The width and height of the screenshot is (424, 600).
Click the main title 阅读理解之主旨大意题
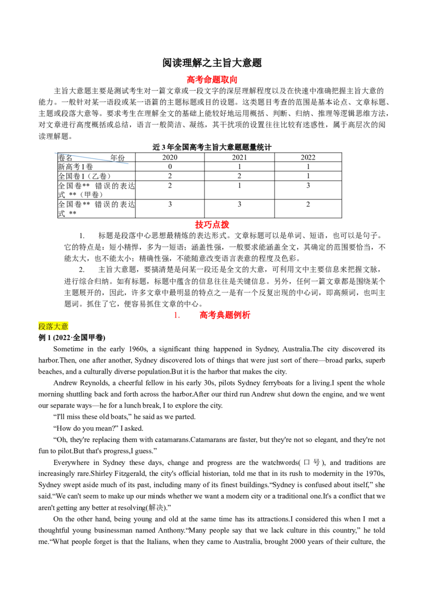tap(212, 63)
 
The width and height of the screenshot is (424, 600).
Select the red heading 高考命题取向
tap(212, 80)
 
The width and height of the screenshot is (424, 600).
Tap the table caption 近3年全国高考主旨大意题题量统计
tap(211, 147)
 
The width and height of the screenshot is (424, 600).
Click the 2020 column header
tap(170, 157)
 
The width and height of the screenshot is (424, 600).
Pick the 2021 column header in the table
tap(239, 157)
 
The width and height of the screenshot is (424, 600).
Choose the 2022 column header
tap(308, 157)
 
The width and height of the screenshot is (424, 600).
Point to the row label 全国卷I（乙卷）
tap(85, 176)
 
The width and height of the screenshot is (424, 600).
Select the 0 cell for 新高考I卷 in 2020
tap(170, 166)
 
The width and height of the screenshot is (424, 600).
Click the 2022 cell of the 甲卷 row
tap(308, 186)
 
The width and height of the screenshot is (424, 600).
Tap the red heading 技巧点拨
tap(212, 225)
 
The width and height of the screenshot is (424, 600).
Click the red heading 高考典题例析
tap(225, 315)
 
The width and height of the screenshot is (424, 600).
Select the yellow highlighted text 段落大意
tap(53, 327)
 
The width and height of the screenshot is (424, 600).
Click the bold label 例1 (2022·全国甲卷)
tap(72, 338)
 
